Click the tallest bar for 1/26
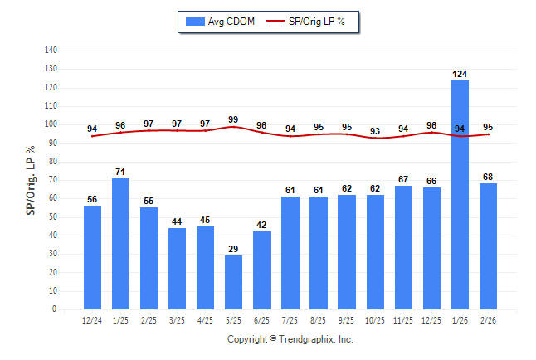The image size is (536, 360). (460, 195)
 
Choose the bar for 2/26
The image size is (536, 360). (488, 246)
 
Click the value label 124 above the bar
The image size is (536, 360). (460, 74)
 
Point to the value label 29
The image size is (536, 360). (233, 250)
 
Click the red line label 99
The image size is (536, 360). (233, 119)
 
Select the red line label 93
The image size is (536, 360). (375, 131)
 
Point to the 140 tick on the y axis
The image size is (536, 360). (50, 50)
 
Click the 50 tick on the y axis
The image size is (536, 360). (52, 216)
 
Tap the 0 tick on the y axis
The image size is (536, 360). (54, 309)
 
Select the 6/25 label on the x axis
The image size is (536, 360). (261, 320)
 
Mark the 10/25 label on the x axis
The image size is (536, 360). (375, 320)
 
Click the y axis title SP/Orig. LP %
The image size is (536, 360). (31, 179)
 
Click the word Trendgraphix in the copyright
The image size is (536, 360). (306, 339)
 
